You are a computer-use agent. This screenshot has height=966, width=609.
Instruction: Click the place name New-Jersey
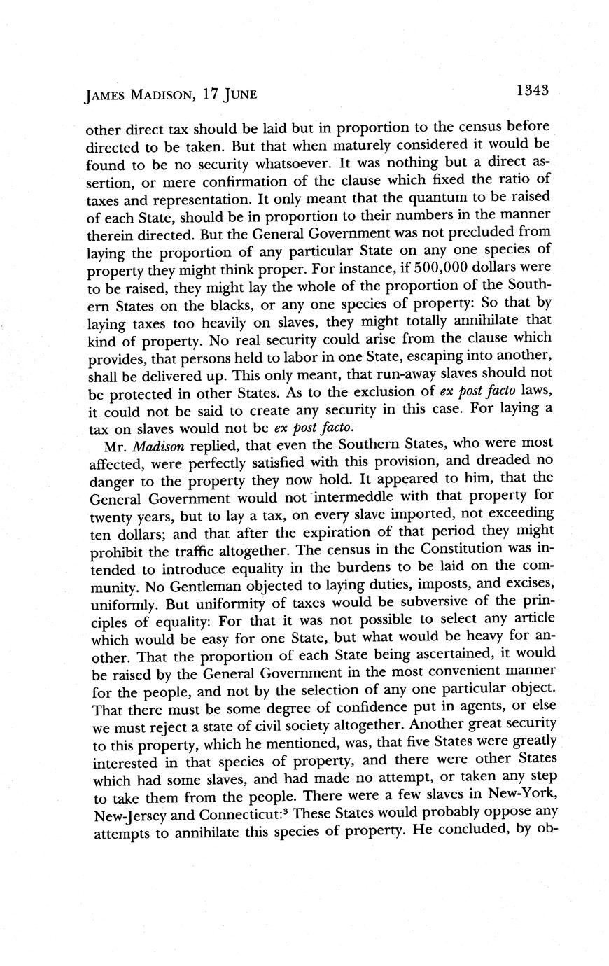click(129, 811)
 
